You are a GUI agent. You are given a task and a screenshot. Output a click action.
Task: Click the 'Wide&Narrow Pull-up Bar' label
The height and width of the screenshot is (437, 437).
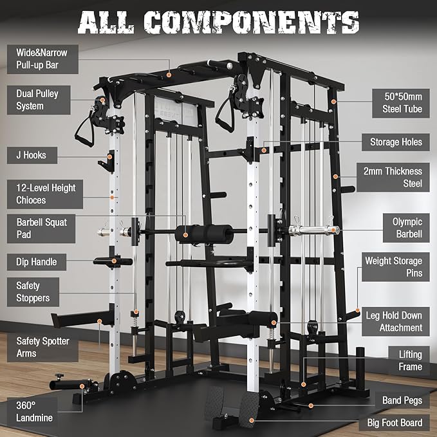42,59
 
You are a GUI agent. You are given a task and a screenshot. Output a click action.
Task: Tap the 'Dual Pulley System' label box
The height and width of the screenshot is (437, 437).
39,100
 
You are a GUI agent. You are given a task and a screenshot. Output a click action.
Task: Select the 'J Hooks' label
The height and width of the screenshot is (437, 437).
32,155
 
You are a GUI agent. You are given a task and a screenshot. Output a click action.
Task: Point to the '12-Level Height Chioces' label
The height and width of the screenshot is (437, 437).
45,194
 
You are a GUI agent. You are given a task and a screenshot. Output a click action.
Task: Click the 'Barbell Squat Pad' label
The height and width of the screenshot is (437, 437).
41,228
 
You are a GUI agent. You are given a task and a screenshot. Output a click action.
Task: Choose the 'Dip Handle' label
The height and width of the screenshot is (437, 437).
37,262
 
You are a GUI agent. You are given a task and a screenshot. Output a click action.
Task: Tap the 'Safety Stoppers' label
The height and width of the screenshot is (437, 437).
33,292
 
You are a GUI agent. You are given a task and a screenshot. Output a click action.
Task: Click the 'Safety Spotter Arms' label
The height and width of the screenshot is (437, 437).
42,348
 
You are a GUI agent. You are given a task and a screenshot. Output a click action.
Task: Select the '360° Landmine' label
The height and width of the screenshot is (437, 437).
32,412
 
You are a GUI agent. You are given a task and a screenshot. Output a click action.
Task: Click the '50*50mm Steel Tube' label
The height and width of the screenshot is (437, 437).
401,103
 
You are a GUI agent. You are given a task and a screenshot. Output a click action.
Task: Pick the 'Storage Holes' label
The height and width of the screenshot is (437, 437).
396,142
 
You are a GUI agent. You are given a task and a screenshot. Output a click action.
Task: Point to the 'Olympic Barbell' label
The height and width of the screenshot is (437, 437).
406,228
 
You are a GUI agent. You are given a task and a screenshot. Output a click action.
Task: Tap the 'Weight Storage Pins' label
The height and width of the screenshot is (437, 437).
396,267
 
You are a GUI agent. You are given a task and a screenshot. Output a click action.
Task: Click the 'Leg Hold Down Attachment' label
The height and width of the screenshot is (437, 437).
396,322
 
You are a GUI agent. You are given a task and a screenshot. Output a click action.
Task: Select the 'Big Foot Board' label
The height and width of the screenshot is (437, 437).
395,423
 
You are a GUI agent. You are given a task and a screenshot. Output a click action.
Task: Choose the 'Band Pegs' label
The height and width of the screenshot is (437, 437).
402,400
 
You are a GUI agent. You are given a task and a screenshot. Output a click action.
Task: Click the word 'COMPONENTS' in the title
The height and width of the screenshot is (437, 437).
252,23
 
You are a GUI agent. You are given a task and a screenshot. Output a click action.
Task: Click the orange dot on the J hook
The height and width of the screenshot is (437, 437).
110,157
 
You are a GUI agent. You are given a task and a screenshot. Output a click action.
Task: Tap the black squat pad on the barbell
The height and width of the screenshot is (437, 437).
203,234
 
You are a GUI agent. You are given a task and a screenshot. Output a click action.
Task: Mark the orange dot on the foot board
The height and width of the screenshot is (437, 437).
252,420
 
